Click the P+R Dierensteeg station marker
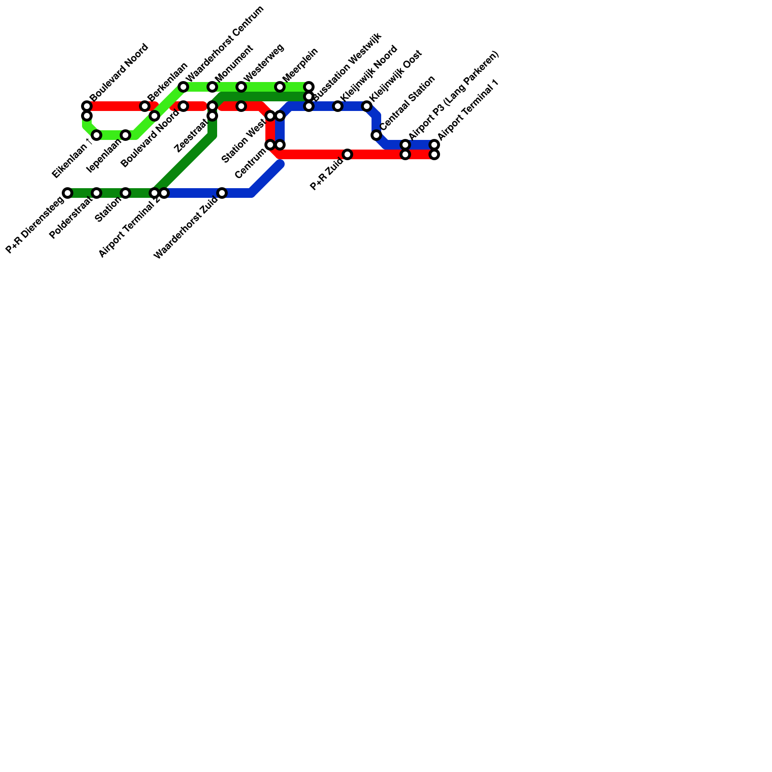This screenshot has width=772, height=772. pyautogui.click(x=68, y=193)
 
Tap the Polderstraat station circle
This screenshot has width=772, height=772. pyautogui.click(x=96, y=193)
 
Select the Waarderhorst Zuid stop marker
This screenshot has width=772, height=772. pyautogui.click(x=222, y=193)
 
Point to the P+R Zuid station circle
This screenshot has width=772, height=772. pyautogui.click(x=347, y=154)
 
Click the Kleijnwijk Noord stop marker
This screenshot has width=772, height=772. pyautogui.click(x=338, y=106)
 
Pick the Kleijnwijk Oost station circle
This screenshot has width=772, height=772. pyautogui.click(x=367, y=106)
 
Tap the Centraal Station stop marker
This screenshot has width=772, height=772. pyautogui.click(x=376, y=135)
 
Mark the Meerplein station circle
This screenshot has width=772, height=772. pyautogui.click(x=280, y=87)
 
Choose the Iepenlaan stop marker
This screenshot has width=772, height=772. pyautogui.click(x=125, y=135)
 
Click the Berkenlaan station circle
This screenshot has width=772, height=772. pyautogui.click(x=145, y=106)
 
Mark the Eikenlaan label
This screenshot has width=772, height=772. pyautogui.click(x=71, y=159)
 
